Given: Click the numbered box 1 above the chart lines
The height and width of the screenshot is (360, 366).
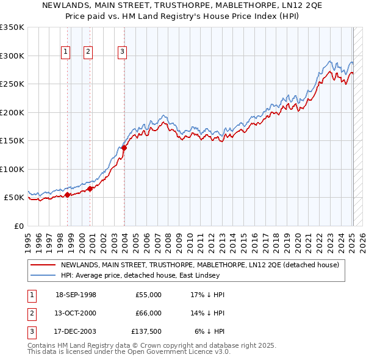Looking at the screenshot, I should click(65, 52).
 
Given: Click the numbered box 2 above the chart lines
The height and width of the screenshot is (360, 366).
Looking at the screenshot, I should click(88, 52).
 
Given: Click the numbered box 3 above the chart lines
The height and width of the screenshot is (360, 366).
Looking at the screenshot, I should click(122, 52).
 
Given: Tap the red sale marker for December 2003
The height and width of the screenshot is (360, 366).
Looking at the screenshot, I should click(124, 148).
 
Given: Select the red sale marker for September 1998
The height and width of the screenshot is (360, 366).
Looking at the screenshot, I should click(68, 195).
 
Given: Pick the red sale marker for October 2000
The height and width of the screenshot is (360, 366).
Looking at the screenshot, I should click(90, 189).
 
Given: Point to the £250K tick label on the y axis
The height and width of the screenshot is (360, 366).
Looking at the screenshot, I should click(12, 84).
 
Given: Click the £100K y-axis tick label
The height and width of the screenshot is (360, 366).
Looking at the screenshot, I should click(12, 169).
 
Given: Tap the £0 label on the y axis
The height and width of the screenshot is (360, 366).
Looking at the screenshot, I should click(19, 226).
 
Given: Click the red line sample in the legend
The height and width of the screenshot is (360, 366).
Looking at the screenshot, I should click(43, 265).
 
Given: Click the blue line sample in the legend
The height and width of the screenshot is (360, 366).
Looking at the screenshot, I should click(43, 275).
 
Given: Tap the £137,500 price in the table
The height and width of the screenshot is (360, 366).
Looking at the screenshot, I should click(146, 333).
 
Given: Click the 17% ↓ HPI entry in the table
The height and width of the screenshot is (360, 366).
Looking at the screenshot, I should click(207, 295).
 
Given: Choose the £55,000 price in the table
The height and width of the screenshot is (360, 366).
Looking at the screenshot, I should click(149, 295).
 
